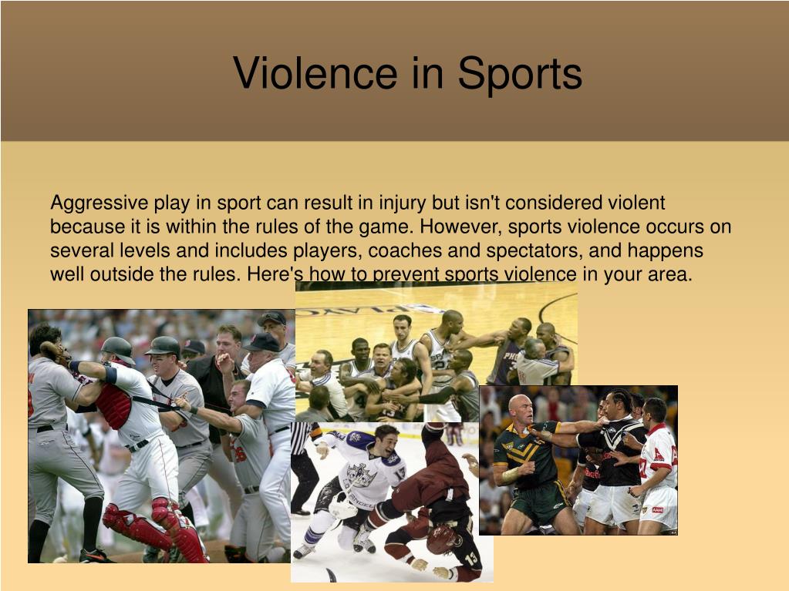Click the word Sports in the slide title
[519, 73]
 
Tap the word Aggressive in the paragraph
[99, 203]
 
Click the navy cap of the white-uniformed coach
[263, 341]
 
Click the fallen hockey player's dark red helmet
[441, 539]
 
